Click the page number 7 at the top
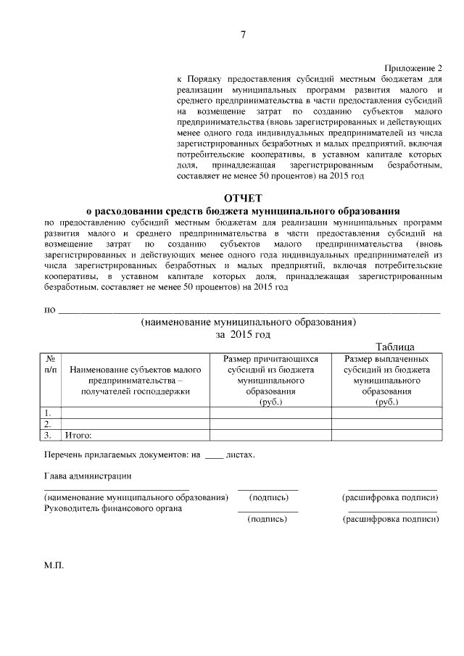click(x=244, y=36)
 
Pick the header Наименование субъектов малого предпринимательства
click(x=136, y=380)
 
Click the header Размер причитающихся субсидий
click(x=270, y=380)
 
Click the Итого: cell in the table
click(x=79, y=436)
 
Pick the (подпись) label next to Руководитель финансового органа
click(x=268, y=520)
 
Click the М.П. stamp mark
click(x=54, y=565)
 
